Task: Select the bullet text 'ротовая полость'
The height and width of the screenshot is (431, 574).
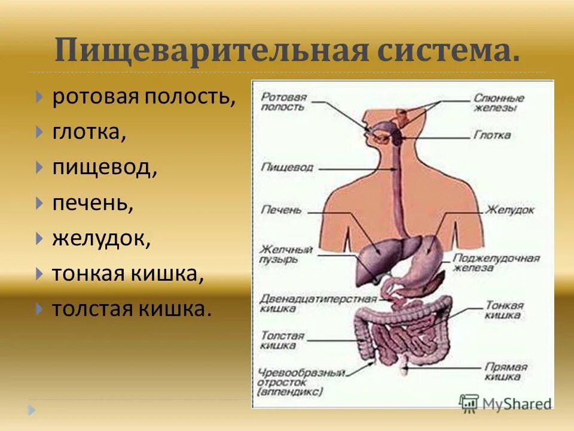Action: click(x=143, y=96)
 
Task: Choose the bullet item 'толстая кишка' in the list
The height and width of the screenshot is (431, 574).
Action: click(x=132, y=309)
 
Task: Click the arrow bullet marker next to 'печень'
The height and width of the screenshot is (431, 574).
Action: click(x=39, y=203)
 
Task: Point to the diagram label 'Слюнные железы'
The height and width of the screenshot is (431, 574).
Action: click(x=499, y=102)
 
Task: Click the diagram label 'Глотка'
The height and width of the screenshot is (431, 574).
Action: click(x=491, y=135)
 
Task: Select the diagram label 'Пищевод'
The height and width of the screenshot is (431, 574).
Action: click(x=286, y=167)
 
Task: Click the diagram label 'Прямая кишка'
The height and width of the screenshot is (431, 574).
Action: click(x=505, y=371)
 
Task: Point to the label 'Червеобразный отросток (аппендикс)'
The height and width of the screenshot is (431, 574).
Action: click(x=302, y=382)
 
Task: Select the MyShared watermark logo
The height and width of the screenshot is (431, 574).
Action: click(x=505, y=403)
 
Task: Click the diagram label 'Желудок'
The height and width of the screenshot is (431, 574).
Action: click(x=509, y=210)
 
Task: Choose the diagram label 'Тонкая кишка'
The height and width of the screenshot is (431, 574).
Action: click(x=504, y=309)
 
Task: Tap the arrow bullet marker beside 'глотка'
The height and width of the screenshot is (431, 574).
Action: click(x=39, y=132)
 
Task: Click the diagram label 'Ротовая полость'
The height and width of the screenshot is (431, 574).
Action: click(x=283, y=102)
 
